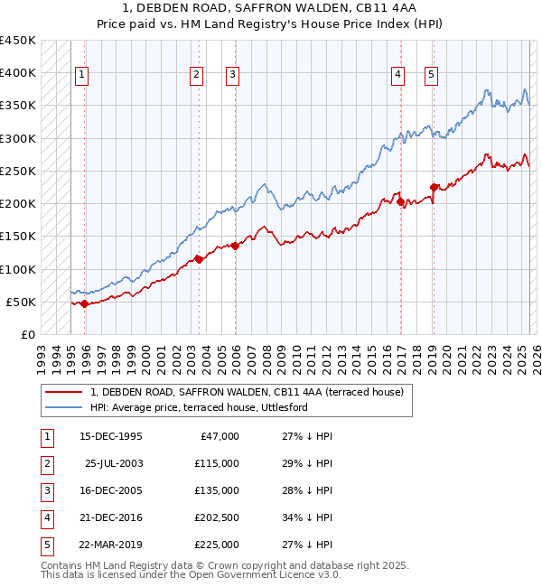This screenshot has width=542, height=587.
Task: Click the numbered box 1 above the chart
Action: [82, 75]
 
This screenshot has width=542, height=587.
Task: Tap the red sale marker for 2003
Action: [199, 259]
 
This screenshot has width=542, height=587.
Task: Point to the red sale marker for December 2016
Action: [399, 202]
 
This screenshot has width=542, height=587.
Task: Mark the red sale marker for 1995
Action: [84, 303]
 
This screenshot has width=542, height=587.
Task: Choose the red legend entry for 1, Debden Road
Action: [252, 392]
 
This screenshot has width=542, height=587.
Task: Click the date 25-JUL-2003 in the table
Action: [113, 463]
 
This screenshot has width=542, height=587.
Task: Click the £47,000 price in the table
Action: [220, 436]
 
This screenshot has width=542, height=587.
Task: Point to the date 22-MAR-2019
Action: [110, 545]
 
